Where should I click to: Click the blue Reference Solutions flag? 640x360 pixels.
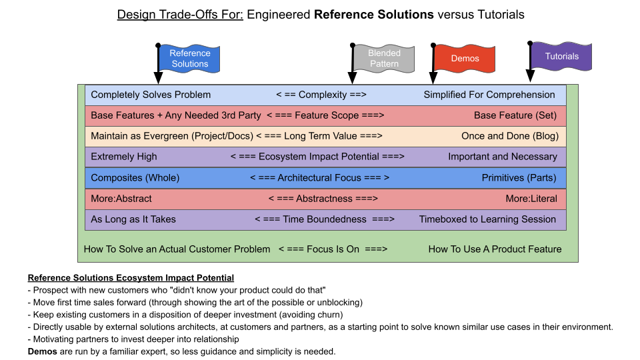pyautogui.click(x=189, y=59)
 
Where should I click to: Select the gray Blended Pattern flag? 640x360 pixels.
pyautogui.click(x=384, y=59)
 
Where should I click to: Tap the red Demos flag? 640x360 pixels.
pyautogui.click(x=465, y=59)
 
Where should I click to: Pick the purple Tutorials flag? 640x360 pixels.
pyautogui.click(x=561, y=57)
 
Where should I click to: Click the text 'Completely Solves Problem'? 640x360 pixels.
pyautogui.click(x=151, y=95)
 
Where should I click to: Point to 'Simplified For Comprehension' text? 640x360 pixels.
pyautogui.click(x=489, y=95)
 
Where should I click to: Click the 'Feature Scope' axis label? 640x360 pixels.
pyautogui.click(x=325, y=115)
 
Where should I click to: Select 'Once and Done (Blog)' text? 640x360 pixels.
pyautogui.click(x=509, y=136)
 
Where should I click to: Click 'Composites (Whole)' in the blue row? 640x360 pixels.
pyautogui.click(x=135, y=178)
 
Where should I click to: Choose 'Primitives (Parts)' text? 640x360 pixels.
pyautogui.click(x=519, y=178)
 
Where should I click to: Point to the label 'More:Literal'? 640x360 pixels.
pyautogui.click(x=531, y=199)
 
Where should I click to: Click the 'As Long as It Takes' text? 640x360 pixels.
pyautogui.click(x=133, y=219)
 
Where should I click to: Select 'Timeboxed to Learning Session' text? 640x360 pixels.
pyautogui.click(x=487, y=219)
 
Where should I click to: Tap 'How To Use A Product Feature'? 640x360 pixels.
pyautogui.click(x=495, y=249)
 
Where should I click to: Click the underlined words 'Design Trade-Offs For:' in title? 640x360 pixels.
pyautogui.click(x=180, y=15)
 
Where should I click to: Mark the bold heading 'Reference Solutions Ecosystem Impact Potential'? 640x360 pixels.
pyautogui.click(x=131, y=278)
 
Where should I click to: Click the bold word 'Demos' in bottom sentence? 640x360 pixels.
pyautogui.click(x=41, y=351)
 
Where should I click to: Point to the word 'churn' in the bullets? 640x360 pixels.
pyautogui.click(x=328, y=315)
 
